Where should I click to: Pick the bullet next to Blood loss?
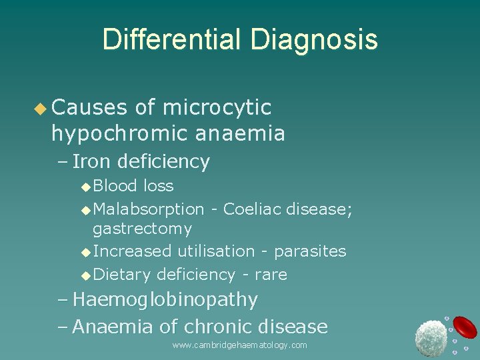pyautogui.click(x=85, y=187)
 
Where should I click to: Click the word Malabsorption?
pyautogui.click(x=149, y=209)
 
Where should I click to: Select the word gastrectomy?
pyautogui.click(x=142, y=229)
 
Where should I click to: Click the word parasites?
pyautogui.click(x=310, y=252)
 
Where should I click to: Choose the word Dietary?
pyautogui.click(x=123, y=274)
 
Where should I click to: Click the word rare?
pyautogui.click(x=271, y=275)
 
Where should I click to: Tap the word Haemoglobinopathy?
pyautogui.click(x=165, y=300)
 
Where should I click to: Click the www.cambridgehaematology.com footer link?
pyautogui.click(x=239, y=345)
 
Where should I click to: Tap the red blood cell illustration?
pyautogui.click(x=465, y=327)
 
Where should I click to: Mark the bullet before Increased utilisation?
pyautogui.click(x=85, y=252)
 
